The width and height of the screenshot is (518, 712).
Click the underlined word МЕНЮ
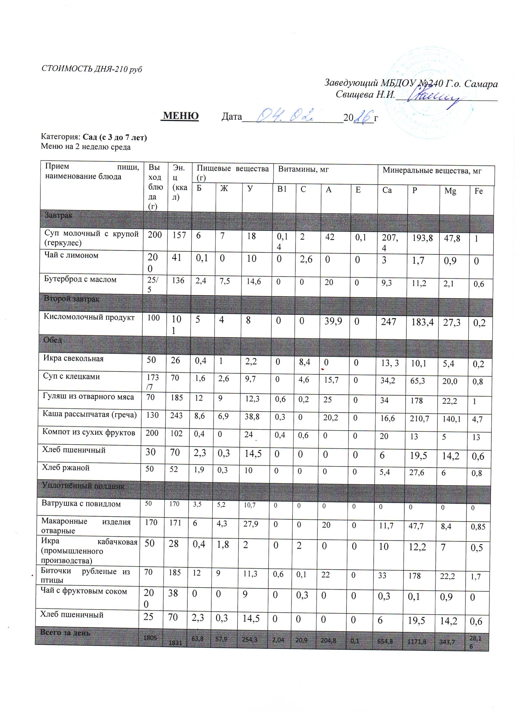[181, 116]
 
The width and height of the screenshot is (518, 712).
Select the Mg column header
[450, 191]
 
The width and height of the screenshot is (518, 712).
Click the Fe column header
[478, 191]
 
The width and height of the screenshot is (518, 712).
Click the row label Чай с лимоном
[71, 255]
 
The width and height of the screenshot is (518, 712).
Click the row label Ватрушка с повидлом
[81, 504]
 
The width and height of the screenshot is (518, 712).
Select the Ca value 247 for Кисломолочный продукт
[388, 322]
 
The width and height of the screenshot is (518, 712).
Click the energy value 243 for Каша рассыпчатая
[176, 415]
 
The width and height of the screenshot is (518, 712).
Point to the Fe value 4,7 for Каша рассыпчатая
[477, 419]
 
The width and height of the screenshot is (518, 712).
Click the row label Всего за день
[65, 632]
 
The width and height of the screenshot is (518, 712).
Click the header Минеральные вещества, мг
[432, 171]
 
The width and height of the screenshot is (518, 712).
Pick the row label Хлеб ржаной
[66, 468]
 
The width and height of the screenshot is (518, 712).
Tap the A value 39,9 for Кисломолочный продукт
[333, 321]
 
